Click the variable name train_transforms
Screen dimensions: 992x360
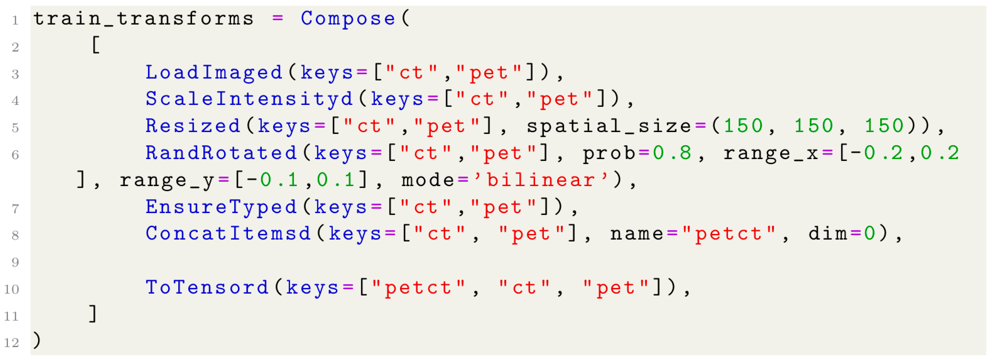coord(143,18)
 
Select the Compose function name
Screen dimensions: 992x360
coord(348,18)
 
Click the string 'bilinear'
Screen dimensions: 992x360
coord(541,180)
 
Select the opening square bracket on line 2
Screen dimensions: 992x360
coord(96,45)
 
